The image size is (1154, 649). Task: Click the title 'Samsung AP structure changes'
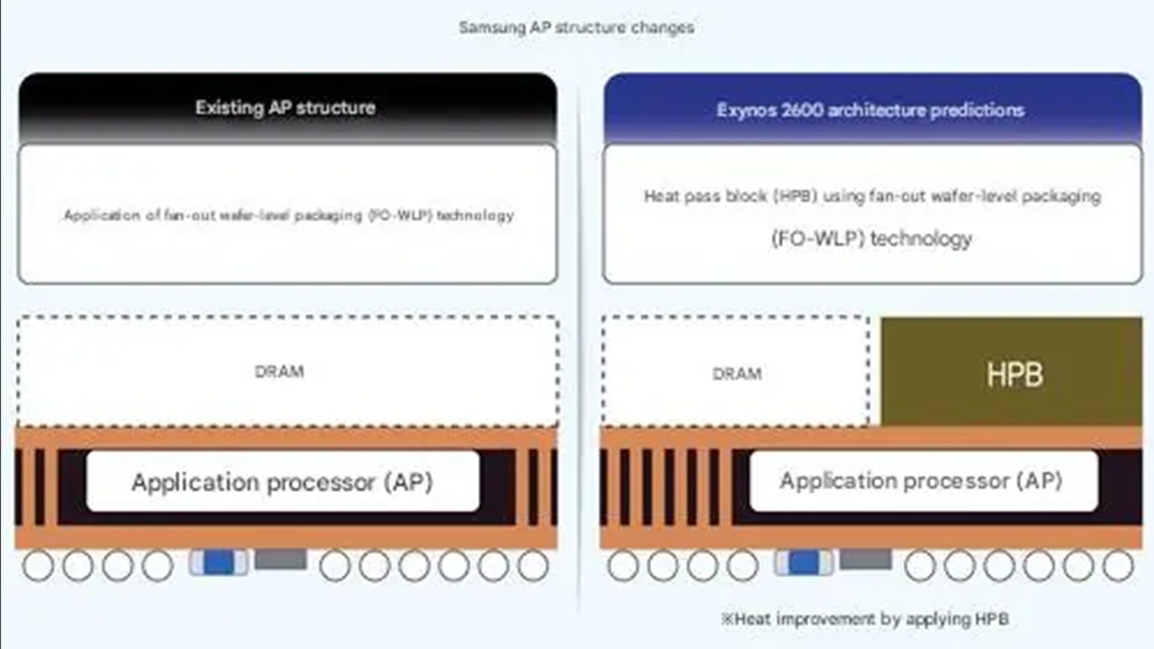coord(576,27)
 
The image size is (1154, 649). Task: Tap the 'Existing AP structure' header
coord(285,108)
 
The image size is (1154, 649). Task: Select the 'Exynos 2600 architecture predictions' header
coord(870,110)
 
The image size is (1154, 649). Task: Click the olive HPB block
coord(1012,371)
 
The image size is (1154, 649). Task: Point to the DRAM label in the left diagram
coord(279,371)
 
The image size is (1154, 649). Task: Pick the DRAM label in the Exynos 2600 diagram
coord(737,374)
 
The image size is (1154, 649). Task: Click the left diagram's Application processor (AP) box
coord(282,481)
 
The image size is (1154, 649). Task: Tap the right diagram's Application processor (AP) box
coord(924,481)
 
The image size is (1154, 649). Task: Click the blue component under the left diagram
coord(218,562)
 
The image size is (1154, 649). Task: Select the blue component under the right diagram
coord(804,562)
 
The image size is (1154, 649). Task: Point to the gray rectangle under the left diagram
coord(281,559)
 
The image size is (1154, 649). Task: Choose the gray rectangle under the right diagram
coord(865,559)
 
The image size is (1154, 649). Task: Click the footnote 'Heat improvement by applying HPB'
coord(865,618)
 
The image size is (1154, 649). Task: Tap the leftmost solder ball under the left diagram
coord(38,565)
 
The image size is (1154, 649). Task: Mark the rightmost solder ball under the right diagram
coord(1119,565)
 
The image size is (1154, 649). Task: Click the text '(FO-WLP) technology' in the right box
coord(872,239)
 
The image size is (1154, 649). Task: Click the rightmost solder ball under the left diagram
coord(533,565)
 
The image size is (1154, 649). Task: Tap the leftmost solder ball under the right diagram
coord(623,565)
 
